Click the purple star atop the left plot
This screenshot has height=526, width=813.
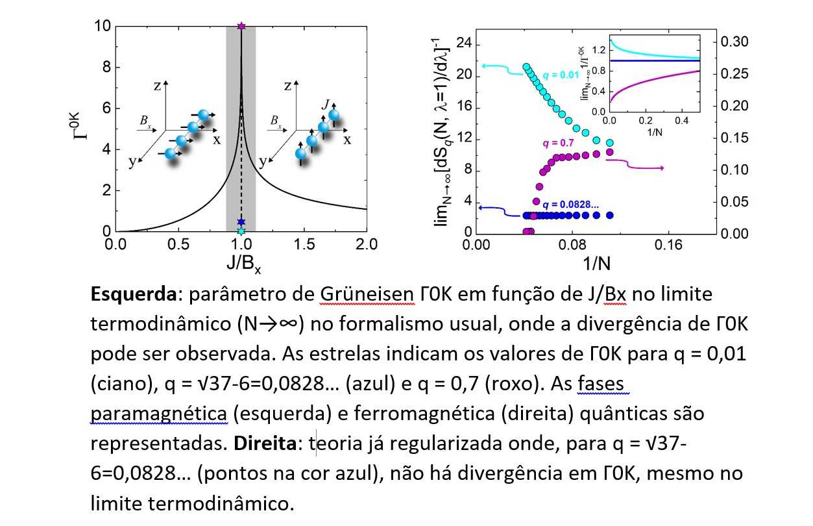[x=241, y=26]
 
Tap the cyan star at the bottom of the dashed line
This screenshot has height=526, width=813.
[x=241, y=231]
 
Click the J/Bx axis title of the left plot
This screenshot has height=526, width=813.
[x=241, y=264]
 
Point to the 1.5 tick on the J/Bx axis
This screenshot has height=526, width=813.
[x=304, y=245]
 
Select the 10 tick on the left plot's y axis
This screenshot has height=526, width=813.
[x=101, y=27]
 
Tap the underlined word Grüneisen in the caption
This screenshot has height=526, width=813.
[x=367, y=295]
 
